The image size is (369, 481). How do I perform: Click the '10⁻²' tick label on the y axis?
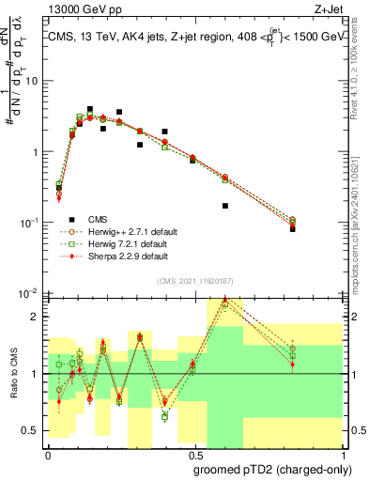[32, 294]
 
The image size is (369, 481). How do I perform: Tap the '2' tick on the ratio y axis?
[37, 317]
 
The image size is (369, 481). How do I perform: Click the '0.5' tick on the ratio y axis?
[34, 430]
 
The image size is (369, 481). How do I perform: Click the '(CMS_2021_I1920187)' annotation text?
[194, 280]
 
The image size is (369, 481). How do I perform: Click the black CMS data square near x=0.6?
[225, 206]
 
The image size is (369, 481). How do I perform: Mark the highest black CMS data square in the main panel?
[90, 109]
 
